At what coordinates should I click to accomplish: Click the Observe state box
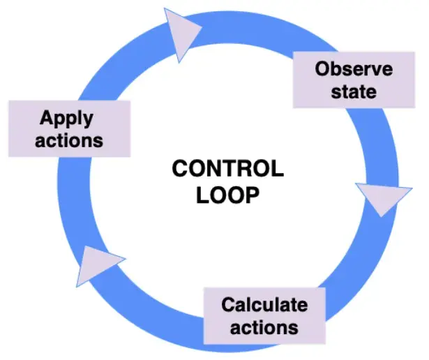353,80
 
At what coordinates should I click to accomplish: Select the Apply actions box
68,128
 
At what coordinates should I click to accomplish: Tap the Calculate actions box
264,315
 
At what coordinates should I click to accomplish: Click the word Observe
354,70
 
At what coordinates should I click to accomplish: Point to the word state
354,91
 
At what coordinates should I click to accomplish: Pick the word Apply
66,119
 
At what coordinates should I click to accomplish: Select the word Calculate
264,305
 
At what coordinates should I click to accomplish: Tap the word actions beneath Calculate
264,327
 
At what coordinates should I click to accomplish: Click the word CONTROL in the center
227,170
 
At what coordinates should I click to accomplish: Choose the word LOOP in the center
227,195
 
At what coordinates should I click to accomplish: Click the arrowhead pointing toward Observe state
183,33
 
